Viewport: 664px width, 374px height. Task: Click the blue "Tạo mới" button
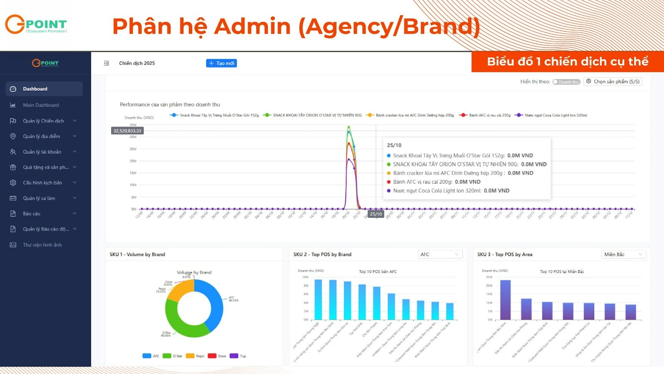point(222,63)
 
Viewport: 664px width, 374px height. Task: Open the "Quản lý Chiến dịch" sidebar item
point(44,121)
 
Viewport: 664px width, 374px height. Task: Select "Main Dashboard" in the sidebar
point(41,105)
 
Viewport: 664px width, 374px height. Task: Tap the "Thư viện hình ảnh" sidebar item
point(42,245)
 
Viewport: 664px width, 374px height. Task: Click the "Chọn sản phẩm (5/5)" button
point(613,81)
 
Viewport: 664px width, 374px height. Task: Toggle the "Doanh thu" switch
point(566,82)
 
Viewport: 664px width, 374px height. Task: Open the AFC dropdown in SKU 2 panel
point(439,254)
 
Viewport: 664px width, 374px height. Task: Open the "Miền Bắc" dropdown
point(623,254)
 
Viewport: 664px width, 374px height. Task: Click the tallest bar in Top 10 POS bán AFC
point(318,299)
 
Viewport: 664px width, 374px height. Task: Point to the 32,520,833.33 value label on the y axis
point(127,131)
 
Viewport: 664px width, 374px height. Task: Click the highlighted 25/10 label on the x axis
point(376,214)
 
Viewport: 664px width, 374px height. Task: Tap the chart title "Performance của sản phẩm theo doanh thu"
point(170,105)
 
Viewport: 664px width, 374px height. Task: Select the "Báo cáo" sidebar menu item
point(32,214)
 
